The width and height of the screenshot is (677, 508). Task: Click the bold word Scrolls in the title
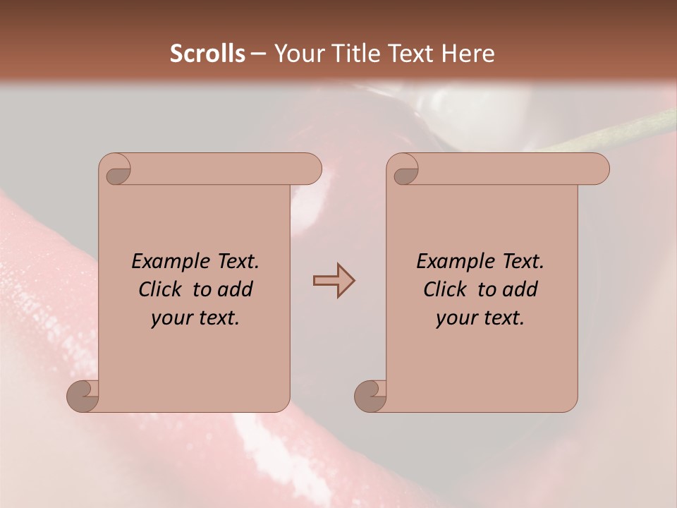[x=207, y=54]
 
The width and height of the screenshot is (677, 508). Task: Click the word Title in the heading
[x=355, y=54]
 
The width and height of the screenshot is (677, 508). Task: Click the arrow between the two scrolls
[x=334, y=281]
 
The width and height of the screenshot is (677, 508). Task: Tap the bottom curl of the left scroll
[x=83, y=397]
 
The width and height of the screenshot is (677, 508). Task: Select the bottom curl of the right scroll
[x=371, y=397]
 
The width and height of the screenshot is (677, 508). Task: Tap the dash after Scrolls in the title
[x=258, y=54]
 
